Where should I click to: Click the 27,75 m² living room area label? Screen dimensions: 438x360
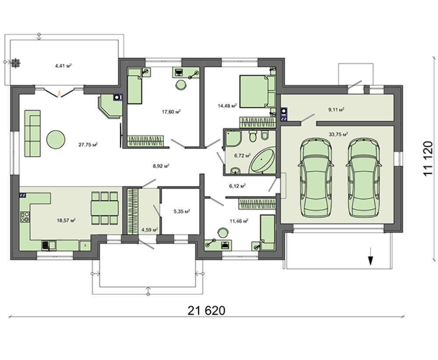pyautogui.click(x=88, y=145)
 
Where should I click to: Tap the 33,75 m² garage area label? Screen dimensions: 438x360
pyautogui.click(x=338, y=134)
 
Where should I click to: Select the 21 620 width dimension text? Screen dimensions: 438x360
pyautogui.click(x=206, y=311)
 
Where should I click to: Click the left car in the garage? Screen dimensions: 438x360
pyautogui.click(x=316, y=178)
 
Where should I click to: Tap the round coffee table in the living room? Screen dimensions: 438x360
pyautogui.click(x=56, y=139)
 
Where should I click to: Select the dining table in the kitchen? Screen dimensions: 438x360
pyautogui.click(x=105, y=208)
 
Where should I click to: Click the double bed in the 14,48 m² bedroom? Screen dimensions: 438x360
pyautogui.click(x=258, y=92)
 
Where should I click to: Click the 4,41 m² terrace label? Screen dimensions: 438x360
pyautogui.click(x=64, y=66)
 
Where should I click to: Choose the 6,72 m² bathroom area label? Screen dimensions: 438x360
pyautogui.click(x=242, y=155)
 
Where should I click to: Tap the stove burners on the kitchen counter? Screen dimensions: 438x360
pyautogui.click(x=25, y=217)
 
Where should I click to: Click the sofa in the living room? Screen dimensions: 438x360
pyautogui.click(x=33, y=133)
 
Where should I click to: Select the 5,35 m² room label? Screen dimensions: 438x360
pyautogui.click(x=182, y=212)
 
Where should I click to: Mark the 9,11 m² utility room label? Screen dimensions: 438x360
pyautogui.click(x=336, y=109)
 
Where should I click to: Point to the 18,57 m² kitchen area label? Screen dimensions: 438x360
pyautogui.click(x=66, y=220)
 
